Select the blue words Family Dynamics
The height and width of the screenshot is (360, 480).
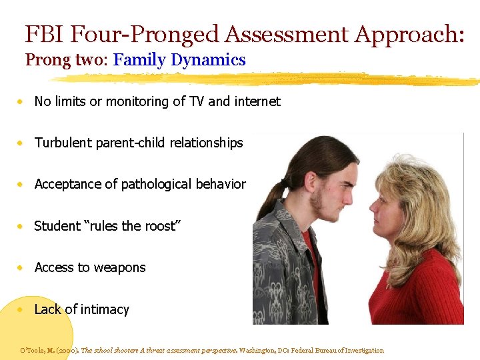[179, 60]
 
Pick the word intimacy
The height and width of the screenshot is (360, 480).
[103, 309]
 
